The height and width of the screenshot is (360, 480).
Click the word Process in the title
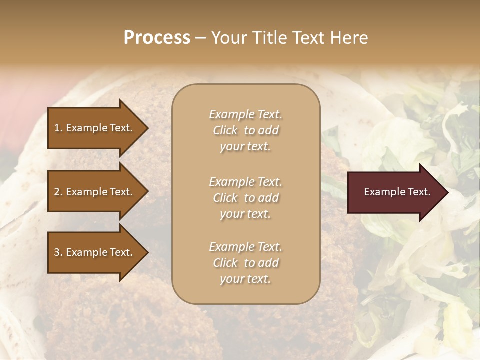click(x=157, y=38)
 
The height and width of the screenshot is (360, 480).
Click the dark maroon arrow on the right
click(x=395, y=192)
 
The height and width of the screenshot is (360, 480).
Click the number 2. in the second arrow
click(x=58, y=192)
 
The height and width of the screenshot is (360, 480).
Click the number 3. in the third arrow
click(x=58, y=252)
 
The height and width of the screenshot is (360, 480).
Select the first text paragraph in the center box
click(x=245, y=130)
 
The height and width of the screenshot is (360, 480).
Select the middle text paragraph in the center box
click(x=245, y=198)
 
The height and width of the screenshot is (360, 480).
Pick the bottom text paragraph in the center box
click(x=245, y=263)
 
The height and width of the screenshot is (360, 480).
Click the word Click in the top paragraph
click(x=225, y=130)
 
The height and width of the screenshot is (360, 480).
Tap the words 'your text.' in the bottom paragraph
click(x=245, y=279)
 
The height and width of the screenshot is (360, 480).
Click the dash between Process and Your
click(x=200, y=38)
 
